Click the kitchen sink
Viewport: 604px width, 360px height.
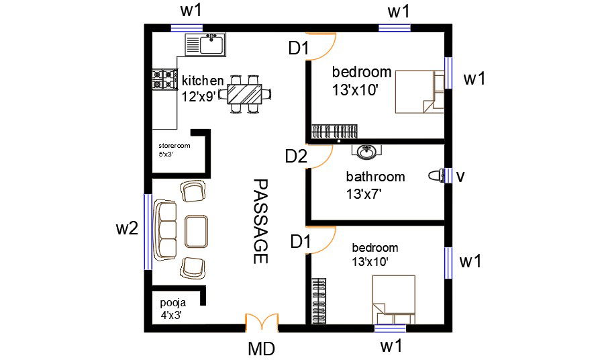tap(206, 45)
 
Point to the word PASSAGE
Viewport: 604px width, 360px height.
tap(260, 222)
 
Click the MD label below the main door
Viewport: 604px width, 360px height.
tap(261, 349)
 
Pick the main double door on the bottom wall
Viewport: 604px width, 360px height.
tap(262, 323)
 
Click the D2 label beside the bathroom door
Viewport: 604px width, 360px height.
tap(296, 156)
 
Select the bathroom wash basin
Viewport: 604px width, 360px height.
tap(366, 152)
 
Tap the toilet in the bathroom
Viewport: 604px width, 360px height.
tap(438, 176)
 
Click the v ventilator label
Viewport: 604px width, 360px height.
tap(460, 176)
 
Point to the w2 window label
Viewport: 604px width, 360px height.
tap(127, 228)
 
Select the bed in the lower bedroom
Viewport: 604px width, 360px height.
tap(395, 301)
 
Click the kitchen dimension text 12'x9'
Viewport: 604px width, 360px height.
tap(198, 96)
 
